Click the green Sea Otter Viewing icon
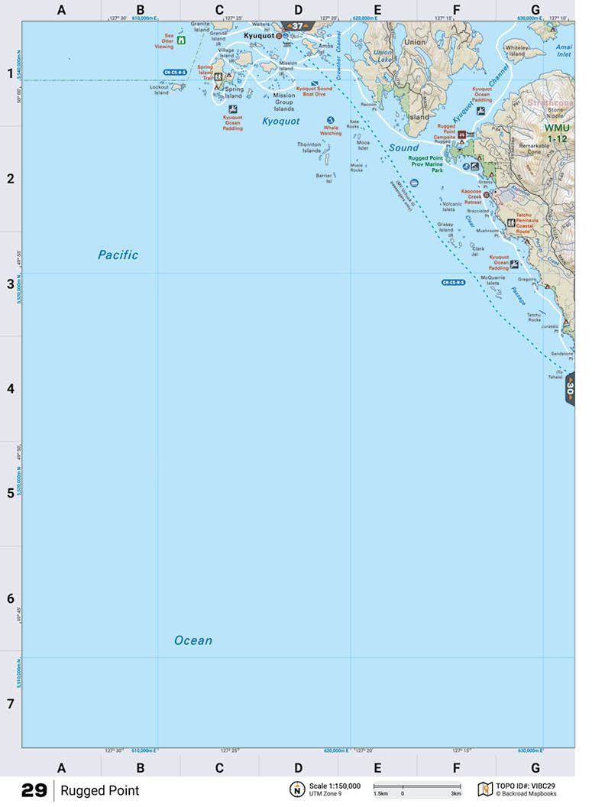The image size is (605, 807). [x=180, y=41]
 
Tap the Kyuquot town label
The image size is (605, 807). [x=258, y=35]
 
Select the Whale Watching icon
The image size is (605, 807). [x=330, y=120]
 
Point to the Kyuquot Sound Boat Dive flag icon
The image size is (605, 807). [x=312, y=83]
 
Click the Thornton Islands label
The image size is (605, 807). [x=309, y=147]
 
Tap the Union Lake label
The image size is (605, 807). [x=383, y=57]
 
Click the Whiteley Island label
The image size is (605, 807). [x=517, y=50]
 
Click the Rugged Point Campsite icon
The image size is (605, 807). [x=461, y=134]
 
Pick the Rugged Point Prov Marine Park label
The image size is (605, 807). [x=425, y=164]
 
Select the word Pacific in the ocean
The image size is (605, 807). [x=118, y=255]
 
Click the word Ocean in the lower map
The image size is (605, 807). [x=193, y=640]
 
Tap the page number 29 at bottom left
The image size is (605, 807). [x=34, y=790]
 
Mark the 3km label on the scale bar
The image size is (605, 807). [x=455, y=794]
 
